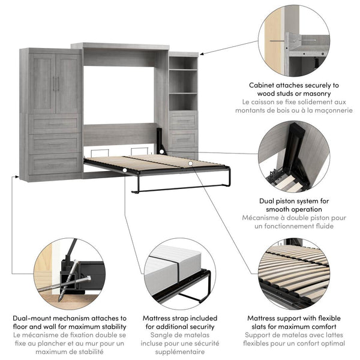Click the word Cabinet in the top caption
coord(246,85)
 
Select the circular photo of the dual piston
coord(293,157)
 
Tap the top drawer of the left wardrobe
coord(55,124)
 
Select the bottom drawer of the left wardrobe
coord(55,163)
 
